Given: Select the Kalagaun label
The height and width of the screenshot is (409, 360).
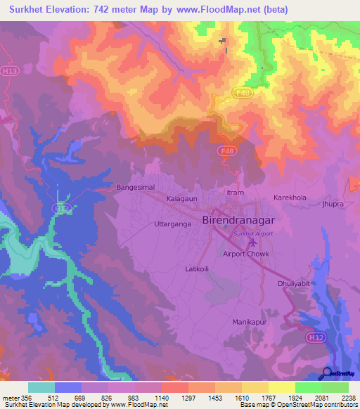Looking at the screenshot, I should coord(182,199).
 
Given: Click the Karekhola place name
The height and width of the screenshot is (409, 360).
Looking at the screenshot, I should coord(290,198).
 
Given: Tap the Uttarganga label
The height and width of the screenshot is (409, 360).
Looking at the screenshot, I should coord(172,224).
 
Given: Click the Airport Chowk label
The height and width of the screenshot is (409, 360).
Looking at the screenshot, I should coord(246,254).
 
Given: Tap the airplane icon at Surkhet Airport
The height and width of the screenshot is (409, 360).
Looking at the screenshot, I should coord(252,243).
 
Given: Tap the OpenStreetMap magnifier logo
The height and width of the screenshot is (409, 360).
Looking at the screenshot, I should coord(326,374).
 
